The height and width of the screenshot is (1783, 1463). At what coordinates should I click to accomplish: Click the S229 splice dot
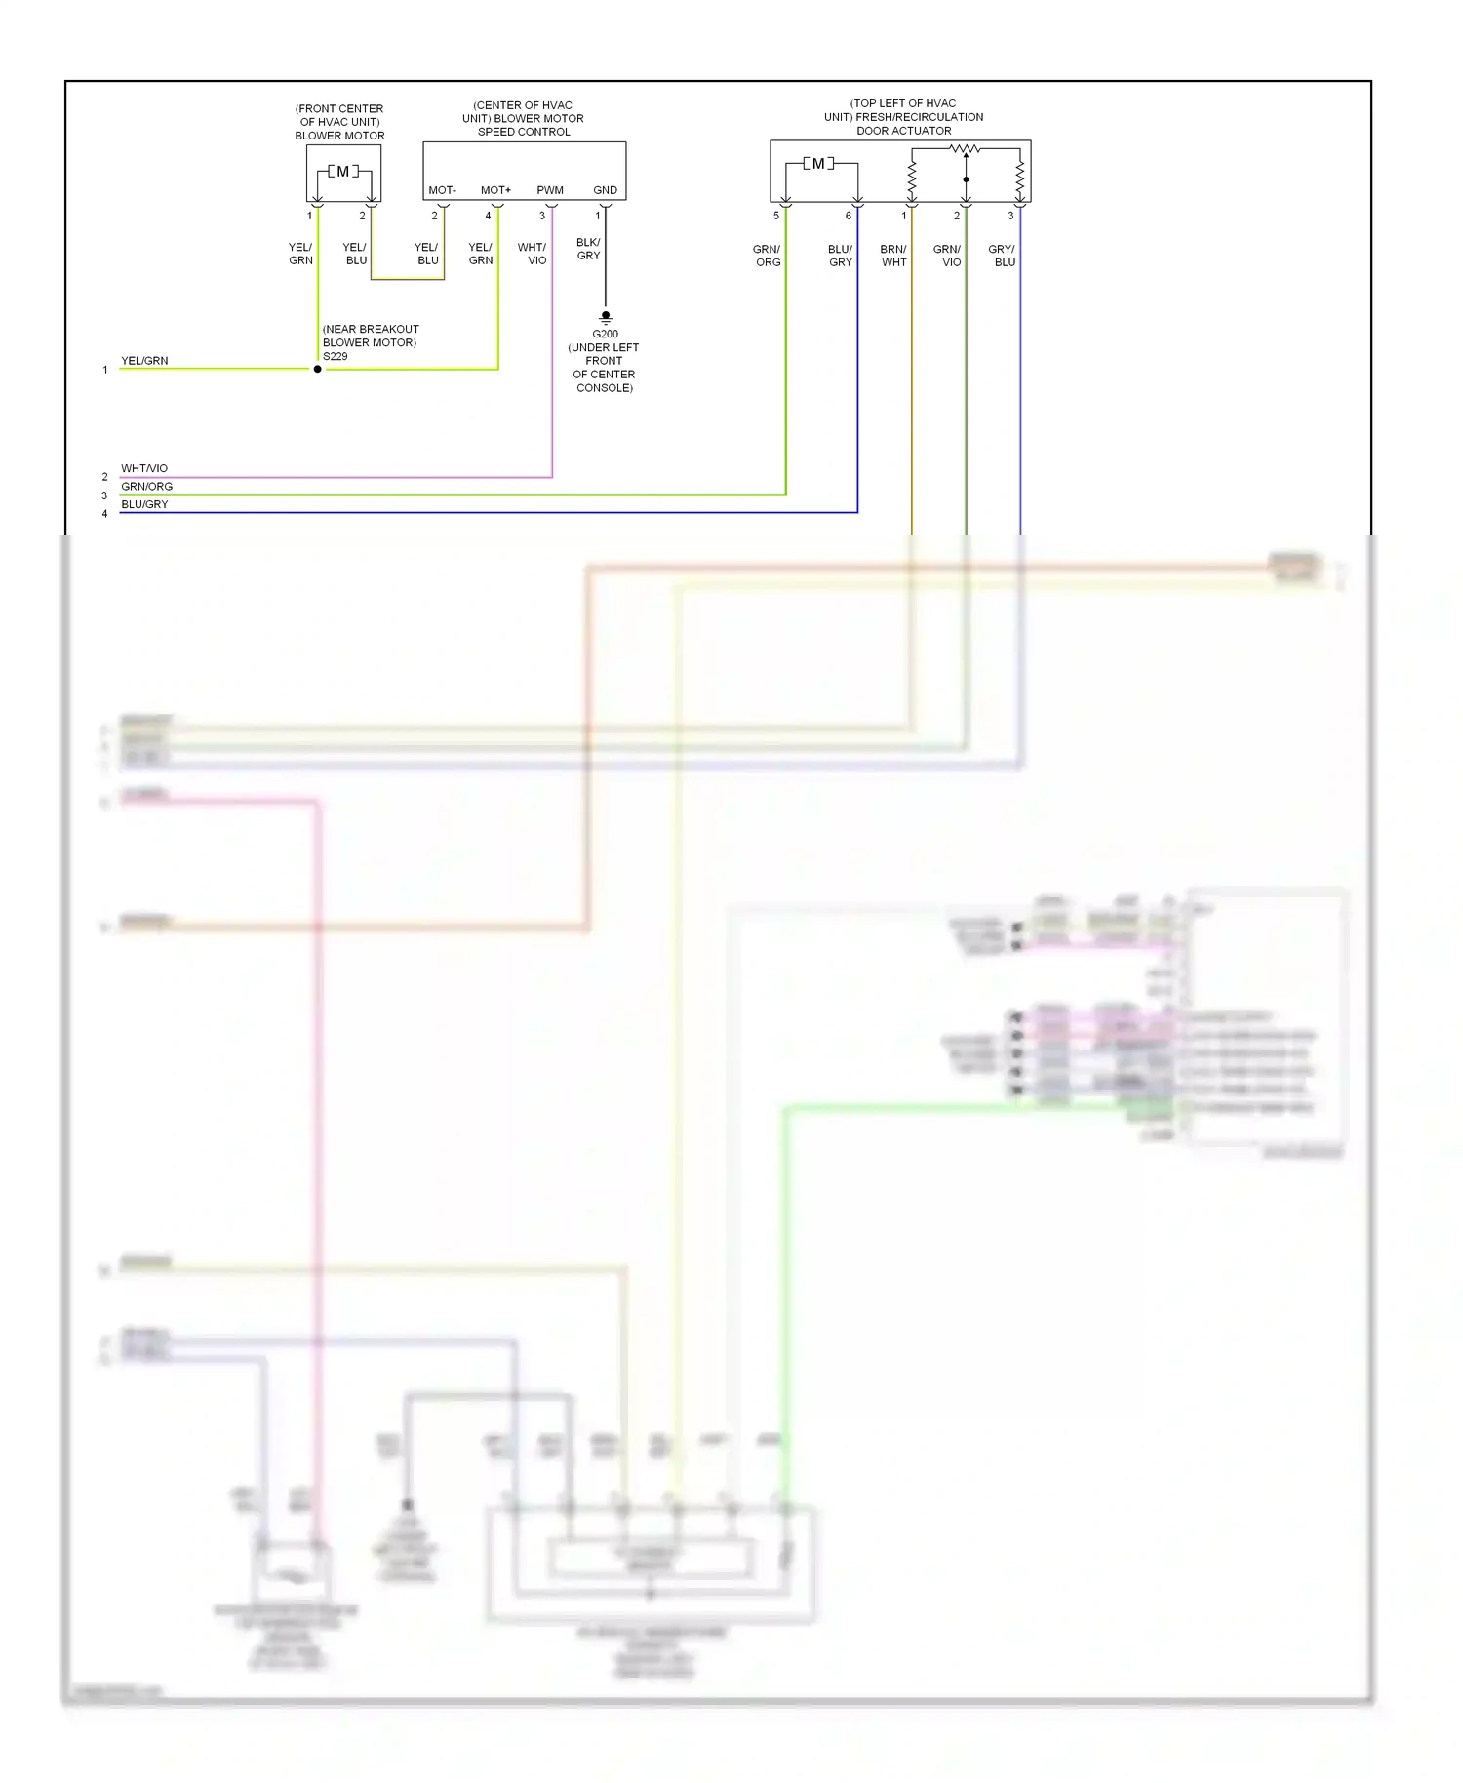pos(317,369)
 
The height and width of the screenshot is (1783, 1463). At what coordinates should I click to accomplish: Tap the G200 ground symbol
pos(605,317)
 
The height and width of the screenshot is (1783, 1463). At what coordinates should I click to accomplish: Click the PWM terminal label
pos(550,190)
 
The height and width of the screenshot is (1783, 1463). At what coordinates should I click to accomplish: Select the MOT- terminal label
pos(442,190)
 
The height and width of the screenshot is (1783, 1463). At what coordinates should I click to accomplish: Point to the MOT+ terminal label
pos(495,190)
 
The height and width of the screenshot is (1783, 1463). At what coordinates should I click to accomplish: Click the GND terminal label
pos(605,190)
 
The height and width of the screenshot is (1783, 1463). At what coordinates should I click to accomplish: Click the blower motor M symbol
pos(342,172)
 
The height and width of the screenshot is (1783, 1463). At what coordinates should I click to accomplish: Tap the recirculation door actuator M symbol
pos(818,164)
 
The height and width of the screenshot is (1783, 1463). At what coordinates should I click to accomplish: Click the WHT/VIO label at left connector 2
pos(144,468)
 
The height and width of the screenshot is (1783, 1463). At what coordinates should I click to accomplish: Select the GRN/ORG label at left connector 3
pos(146,486)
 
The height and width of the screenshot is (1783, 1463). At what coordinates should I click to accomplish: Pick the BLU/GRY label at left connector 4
pos(144,504)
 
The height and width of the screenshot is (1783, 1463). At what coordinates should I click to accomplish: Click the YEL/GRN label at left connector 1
pos(144,361)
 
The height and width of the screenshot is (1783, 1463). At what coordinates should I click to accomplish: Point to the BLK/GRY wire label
pos(588,249)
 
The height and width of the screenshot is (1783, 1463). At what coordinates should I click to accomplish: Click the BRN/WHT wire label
pos(893,256)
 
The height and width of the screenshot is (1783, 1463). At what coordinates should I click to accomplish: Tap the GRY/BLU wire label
pos(1002,256)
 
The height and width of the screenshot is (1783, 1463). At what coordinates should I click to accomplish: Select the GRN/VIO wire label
pos(947,256)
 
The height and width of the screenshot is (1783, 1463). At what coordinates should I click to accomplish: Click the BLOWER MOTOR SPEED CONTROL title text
pos(524,118)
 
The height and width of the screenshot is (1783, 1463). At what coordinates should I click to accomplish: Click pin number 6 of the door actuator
pos(848,216)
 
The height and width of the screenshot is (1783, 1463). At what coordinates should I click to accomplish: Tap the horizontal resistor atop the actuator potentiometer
pos(965,149)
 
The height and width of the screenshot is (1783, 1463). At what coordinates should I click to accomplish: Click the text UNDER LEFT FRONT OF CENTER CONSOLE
pos(604,368)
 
